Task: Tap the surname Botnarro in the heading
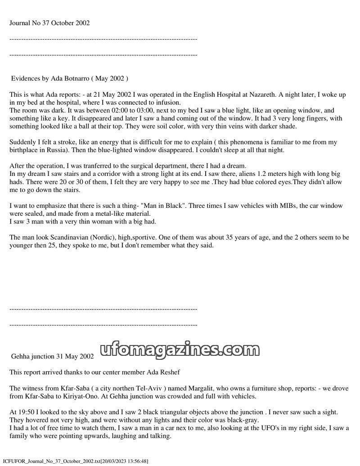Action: point(73,78)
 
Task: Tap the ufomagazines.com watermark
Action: point(184,349)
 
